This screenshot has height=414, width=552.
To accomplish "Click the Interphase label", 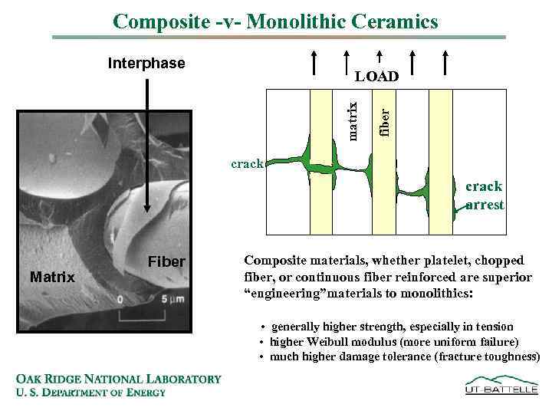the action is (146, 63).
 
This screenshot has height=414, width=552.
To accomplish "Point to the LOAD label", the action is (376, 77).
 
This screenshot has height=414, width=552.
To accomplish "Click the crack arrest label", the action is (485, 195).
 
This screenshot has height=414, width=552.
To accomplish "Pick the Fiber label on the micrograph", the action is (166, 262).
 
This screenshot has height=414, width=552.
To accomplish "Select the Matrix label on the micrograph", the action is (52, 277).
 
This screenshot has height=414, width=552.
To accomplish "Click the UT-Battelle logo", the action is (501, 385).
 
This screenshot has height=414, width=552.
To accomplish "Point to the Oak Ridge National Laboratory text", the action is (118, 379).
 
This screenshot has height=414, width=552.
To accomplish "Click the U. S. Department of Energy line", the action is (90, 393).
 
